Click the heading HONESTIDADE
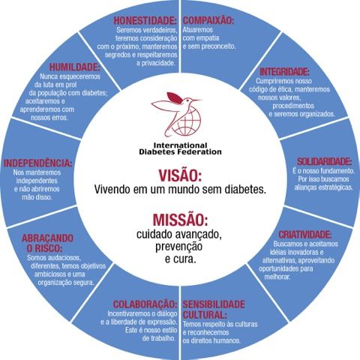[x=145, y=21]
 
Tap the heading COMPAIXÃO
[x=208, y=20]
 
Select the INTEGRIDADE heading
[x=284, y=72]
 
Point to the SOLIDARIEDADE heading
[x=324, y=161]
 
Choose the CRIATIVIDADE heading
[x=305, y=235]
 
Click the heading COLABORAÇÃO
[x=145, y=304]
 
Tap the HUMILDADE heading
[x=74, y=67]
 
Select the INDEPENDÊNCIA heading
[x=37, y=163]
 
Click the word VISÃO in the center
[x=180, y=175]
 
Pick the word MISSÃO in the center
[x=180, y=220]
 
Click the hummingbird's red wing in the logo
[x=174, y=97]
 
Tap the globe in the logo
[x=187, y=121]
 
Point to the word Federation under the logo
[x=198, y=151]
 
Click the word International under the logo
[x=180, y=145]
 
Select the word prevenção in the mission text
[x=178, y=247]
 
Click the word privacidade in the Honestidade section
[x=156, y=63]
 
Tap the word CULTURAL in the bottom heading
[x=205, y=314]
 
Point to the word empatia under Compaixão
[x=208, y=38]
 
